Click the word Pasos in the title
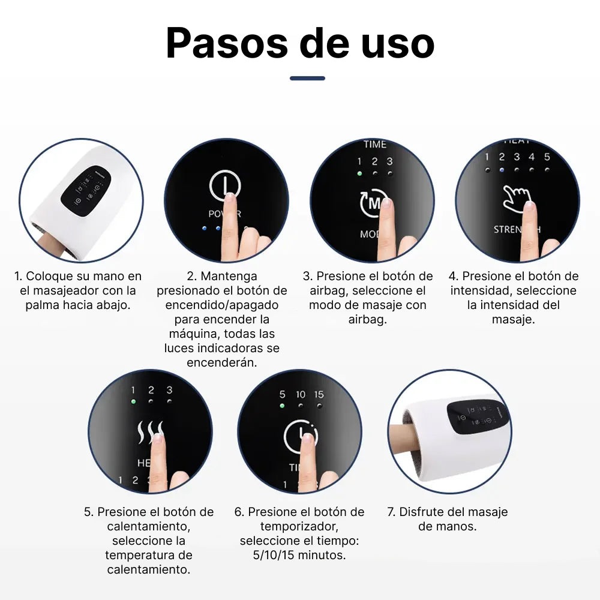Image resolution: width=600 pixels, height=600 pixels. coord(227,43)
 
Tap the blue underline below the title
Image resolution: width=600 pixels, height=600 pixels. coord(307,78)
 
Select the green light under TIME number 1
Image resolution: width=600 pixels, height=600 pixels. coord(359,173)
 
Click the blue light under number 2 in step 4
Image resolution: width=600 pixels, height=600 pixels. coord(502,170)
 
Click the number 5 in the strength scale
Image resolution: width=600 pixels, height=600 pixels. coord(547,157)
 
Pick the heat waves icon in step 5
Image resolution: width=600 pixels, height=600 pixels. coord(150,433)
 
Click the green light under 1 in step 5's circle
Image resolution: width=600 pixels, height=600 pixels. coord(133,401)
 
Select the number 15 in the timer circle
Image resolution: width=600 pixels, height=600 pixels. coord(319,394)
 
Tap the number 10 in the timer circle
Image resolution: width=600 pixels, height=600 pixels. coord(301,394)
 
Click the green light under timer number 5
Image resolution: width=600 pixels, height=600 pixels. coord(282,406)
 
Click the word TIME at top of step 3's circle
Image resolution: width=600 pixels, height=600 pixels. coord(374,144)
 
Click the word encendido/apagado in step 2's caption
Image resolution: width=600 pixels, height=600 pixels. coord(222,305)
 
